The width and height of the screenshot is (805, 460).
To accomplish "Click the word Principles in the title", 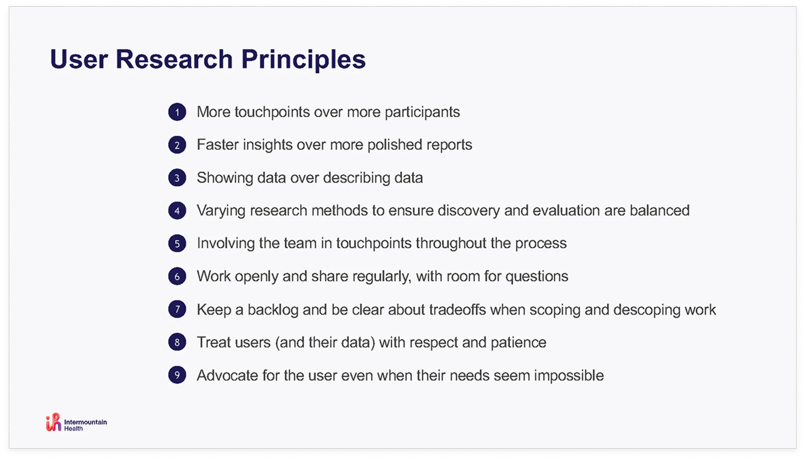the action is tap(303, 60).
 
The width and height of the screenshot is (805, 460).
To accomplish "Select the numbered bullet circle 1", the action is tap(177, 112).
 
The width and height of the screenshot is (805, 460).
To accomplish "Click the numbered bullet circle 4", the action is tap(177, 211).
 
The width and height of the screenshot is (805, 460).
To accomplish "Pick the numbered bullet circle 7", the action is tap(177, 309).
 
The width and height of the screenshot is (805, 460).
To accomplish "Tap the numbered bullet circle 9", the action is tap(177, 375).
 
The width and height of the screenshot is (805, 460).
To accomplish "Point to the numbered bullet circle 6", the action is tap(177, 276).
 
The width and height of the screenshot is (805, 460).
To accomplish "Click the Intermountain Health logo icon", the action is tap(54, 422).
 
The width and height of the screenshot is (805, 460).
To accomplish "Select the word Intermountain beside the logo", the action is tap(86, 422).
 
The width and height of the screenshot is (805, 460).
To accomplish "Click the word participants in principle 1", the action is tap(422, 112).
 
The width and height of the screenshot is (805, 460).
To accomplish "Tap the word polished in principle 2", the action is tap(395, 145).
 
